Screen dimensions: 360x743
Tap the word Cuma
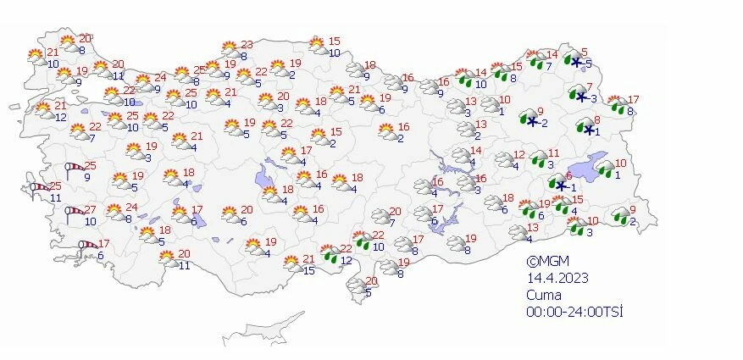[x=542, y=296]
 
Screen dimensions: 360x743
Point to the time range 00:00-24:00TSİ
[x=574, y=313]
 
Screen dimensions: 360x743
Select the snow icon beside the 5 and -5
[x=574, y=60]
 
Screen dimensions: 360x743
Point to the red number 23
[x=247, y=45]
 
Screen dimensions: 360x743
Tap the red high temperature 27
[x=90, y=209]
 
